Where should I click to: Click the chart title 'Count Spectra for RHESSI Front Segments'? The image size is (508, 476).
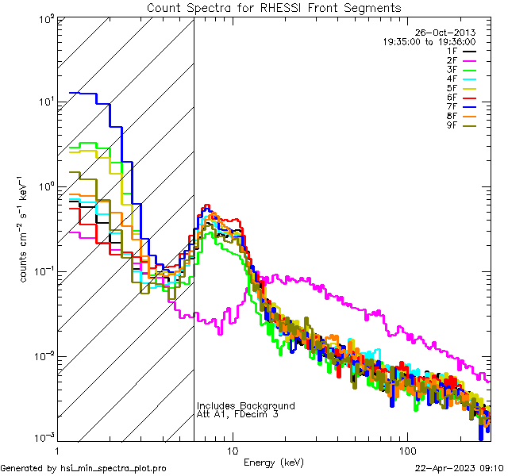point(274,8)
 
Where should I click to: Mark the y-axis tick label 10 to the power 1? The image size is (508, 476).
point(48,102)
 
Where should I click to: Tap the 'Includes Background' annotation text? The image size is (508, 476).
point(245,406)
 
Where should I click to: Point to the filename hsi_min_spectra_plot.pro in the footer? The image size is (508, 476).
point(114,468)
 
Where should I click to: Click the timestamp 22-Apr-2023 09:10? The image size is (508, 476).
point(460,468)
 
